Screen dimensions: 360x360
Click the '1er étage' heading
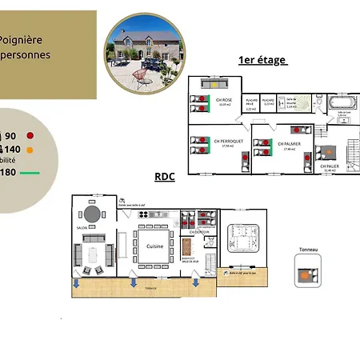tap(262, 61)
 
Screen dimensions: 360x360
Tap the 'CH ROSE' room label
tap(223, 100)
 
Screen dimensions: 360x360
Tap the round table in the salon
tap(93, 214)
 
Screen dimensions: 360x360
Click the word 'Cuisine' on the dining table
tap(155, 246)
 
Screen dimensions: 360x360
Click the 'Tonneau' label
tap(308, 250)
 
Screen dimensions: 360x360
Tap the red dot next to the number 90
tap(30, 135)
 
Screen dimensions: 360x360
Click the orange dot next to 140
tap(29, 149)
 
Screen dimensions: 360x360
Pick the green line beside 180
tap(30, 172)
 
